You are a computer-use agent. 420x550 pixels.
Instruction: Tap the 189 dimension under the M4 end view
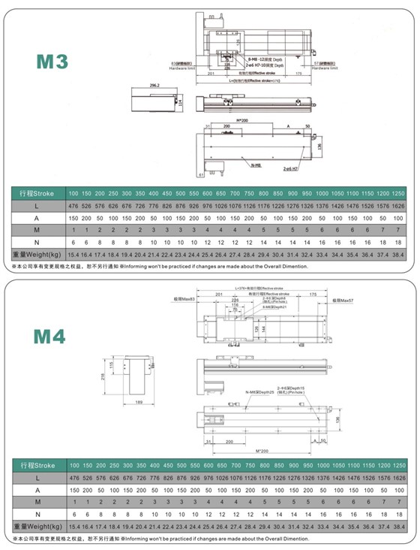pyautogui.click(x=139, y=403)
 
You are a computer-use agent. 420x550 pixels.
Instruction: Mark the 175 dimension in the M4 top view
pyautogui.click(x=313, y=295)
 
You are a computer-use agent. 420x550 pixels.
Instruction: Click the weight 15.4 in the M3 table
pyautogui.click(x=74, y=255)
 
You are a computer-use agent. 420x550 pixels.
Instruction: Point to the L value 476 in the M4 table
pyautogui.click(x=74, y=478)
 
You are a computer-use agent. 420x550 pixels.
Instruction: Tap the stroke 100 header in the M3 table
pyautogui.click(x=74, y=194)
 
